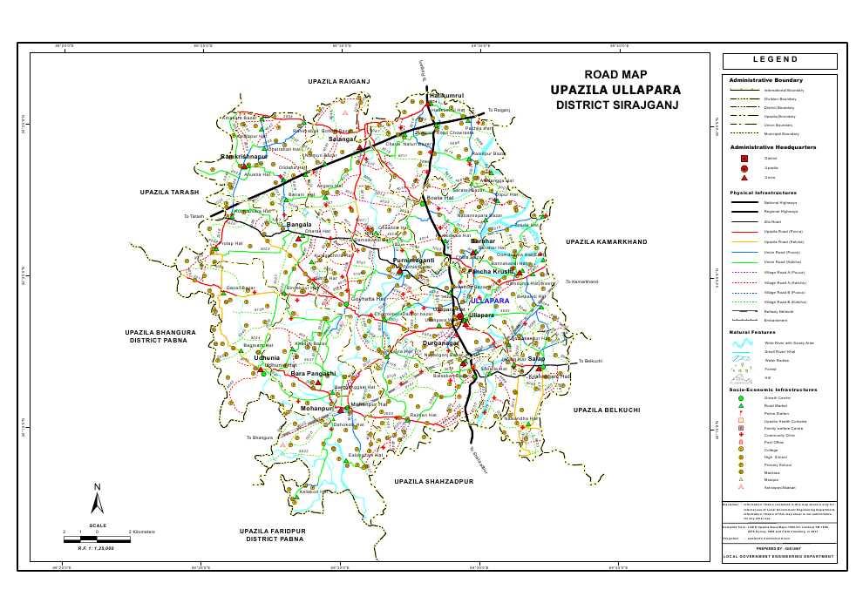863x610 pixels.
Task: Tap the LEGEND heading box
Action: pyautogui.click(x=778, y=60)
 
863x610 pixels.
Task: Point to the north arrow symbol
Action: pyautogui.click(x=98, y=498)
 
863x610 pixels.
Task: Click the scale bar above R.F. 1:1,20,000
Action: pyautogui.click(x=98, y=539)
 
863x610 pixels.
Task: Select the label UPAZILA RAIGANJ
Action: pyautogui.click(x=339, y=81)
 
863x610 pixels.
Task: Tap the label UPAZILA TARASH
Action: pyautogui.click(x=170, y=192)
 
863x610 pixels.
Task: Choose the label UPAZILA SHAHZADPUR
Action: pyautogui.click(x=438, y=481)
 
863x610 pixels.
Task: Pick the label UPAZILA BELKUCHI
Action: pyautogui.click(x=607, y=409)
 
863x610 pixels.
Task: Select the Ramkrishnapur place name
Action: pyautogui.click(x=244, y=156)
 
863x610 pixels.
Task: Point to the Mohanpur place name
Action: pyautogui.click(x=317, y=408)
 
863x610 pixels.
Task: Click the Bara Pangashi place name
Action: pyautogui.click(x=313, y=373)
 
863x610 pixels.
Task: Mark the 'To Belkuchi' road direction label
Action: pyautogui.click(x=590, y=361)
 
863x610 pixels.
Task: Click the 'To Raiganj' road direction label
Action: pyautogui.click(x=498, y=111)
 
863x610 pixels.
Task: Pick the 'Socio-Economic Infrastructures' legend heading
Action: pyautogui.click(x=773, y=390)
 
